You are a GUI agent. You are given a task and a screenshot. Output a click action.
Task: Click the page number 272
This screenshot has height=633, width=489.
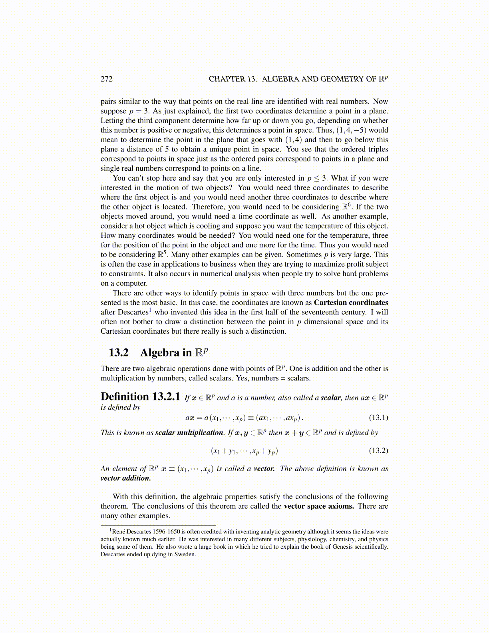click(x=106, y=79)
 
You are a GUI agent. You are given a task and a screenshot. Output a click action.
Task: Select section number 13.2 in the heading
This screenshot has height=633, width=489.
click(x=119, y=352)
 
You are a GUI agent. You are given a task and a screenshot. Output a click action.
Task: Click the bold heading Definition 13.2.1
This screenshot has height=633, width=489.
click(x=140, y=397)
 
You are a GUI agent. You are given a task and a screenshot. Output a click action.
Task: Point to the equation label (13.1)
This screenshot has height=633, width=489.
click(x=378, y=418)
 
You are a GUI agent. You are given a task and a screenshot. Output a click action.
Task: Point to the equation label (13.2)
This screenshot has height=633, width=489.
click(x=378, y=451)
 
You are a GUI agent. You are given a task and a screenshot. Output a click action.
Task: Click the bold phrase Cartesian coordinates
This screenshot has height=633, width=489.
click(x=351, y=303)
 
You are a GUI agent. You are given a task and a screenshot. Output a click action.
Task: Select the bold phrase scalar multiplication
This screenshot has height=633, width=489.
click(x=189, y=432)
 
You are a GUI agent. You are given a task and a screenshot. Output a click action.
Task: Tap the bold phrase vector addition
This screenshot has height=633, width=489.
click(x=126, y=478)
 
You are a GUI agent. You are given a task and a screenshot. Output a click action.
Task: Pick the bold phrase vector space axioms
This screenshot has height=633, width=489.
click(x=319, y=506)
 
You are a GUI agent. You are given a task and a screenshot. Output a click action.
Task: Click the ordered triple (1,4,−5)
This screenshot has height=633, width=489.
click(x=351, y=130)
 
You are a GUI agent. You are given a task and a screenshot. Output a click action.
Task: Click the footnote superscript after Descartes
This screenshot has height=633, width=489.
click(x=150, y=310)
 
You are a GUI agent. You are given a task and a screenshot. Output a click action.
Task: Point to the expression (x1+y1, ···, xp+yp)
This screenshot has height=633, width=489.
click(x=245, y=451)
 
